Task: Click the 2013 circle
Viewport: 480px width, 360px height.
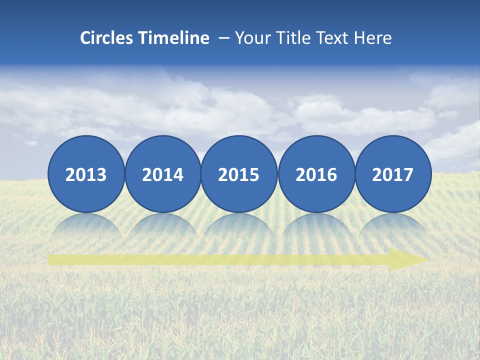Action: (86, 174)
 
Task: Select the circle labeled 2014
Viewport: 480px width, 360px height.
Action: (162, 174)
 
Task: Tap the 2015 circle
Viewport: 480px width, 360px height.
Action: (239, 174)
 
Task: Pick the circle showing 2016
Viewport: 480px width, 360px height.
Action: (316, 174)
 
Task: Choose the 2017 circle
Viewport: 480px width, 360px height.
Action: (392, 174)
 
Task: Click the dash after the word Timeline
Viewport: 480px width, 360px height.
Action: (224, 38)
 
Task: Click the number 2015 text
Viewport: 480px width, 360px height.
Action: (239, 175)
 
